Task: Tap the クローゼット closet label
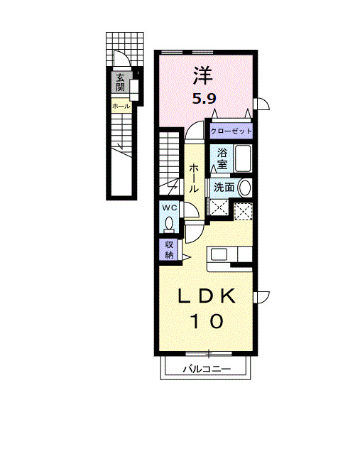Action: [231, 131]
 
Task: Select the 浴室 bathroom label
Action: [222, 158]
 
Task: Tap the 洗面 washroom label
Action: [224, 188]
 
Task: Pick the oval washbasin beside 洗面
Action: [244, 188]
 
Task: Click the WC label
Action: [169, 207]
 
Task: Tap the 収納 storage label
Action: [169, 249]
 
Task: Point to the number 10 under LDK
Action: [206, 321]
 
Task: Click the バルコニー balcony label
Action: [207, 369]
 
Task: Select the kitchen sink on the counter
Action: [218, 254]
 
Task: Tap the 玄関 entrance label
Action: [120, 82]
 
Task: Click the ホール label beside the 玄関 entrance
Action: [120, 106]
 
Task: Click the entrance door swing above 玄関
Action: [121, 61]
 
